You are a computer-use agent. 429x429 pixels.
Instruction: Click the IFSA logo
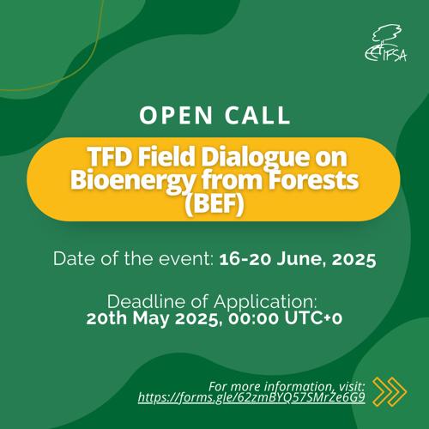point(386,43)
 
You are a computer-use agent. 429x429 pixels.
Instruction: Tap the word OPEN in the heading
point(176,115)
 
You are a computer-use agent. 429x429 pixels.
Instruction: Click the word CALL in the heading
point(257,115)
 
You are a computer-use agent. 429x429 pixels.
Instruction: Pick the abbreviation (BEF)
point(214,204)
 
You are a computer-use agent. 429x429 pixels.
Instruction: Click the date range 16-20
point(245,259)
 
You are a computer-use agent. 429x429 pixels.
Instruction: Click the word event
point(184,259)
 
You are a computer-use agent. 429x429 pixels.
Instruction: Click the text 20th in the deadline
point(106,318)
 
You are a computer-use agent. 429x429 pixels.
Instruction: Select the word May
point(151,319)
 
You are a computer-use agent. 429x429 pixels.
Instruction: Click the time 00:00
point(253,318)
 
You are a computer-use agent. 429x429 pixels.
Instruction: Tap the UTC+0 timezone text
point(313,318)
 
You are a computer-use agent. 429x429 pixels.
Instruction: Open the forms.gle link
point(251,398)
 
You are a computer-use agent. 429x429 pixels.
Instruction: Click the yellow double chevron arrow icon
point(390,392)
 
